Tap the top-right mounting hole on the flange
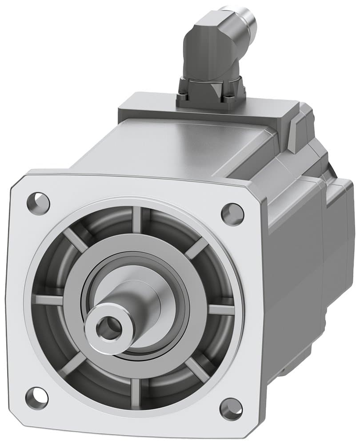tap(232, 214)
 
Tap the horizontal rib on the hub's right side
tap(221, 309)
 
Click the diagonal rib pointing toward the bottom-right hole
tap(196, 369)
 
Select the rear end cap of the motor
tap(340, 231)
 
